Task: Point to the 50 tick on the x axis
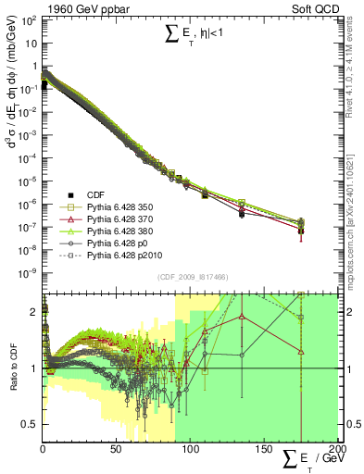116,450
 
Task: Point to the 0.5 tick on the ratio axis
30,424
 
